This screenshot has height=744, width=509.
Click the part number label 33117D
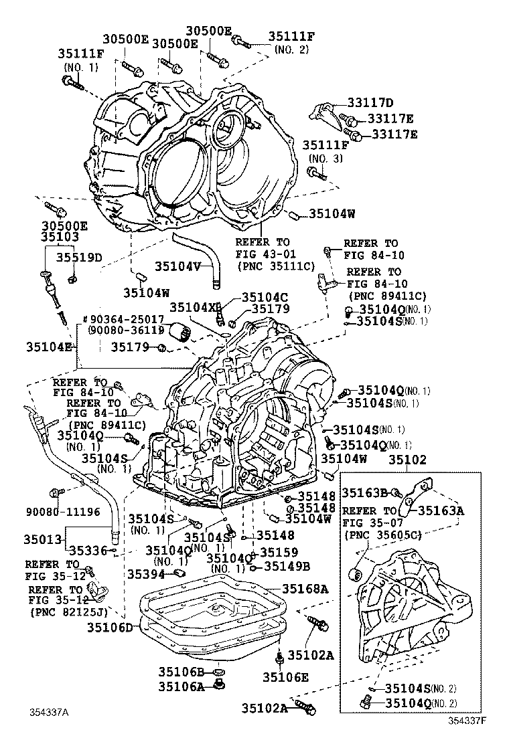point(370,102)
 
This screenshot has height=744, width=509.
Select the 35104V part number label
point(178,266)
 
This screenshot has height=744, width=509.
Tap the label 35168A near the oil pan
point(304,589)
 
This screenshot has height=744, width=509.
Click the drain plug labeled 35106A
point(218,685)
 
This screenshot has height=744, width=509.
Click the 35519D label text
point(78,257)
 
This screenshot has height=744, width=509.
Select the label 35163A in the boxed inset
point(441,510)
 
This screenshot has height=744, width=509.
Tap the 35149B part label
point(287,566)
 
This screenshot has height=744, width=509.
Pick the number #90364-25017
point(123,319)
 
